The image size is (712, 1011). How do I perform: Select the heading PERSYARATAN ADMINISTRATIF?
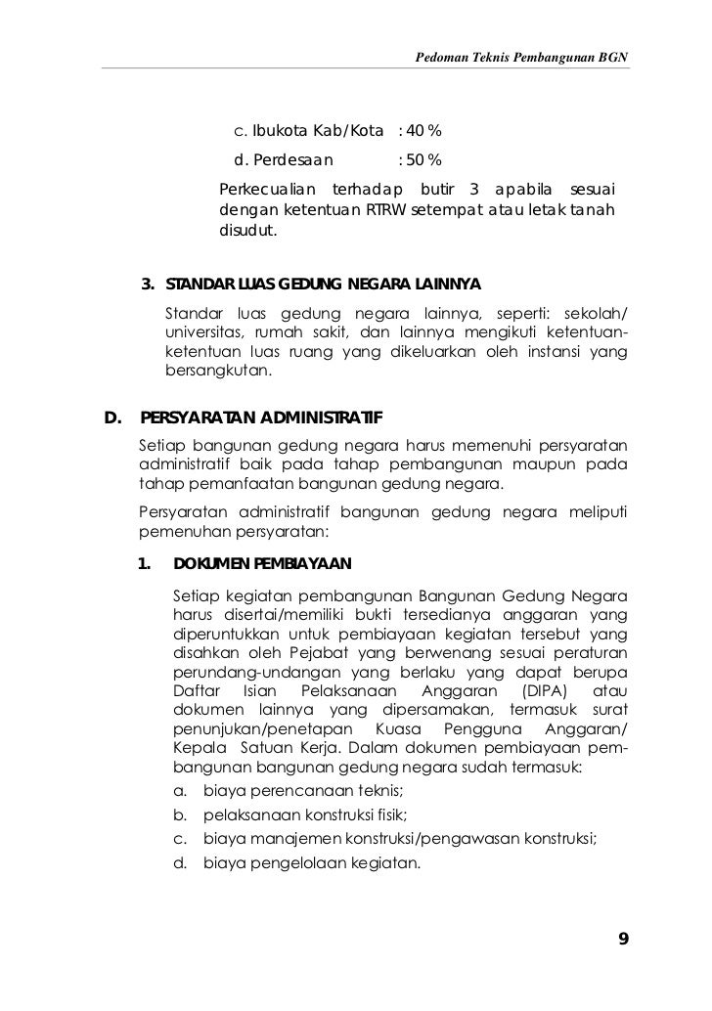[262, 420]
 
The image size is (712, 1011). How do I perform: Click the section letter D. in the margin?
[113, 420]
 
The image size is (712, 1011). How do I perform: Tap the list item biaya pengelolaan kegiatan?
[310, 862]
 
